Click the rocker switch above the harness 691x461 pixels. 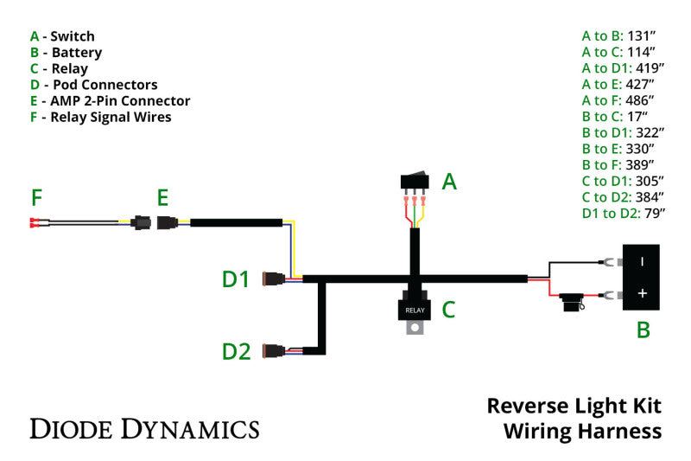(x=415, y=181)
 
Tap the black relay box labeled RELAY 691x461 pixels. (x=415, y=309)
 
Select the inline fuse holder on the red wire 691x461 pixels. (x=571, y=301)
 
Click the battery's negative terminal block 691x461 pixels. (x=641, y=260)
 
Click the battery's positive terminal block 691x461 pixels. (x=641, y=294)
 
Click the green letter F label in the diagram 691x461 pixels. (x=36, y=198)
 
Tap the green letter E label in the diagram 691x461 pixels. (x=162, y=198)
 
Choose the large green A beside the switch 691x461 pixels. (x=449, y=182)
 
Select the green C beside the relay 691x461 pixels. (x=448, y=309)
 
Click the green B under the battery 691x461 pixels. (x=643, y=330)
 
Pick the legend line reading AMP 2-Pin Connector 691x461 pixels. (x=110, y=101)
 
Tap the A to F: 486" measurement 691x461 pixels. (x=618, y=100)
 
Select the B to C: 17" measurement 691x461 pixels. (x=615, y=117)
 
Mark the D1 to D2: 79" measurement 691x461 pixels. (x=623, y=213)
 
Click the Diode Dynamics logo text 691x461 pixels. (x=144, y=428)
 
